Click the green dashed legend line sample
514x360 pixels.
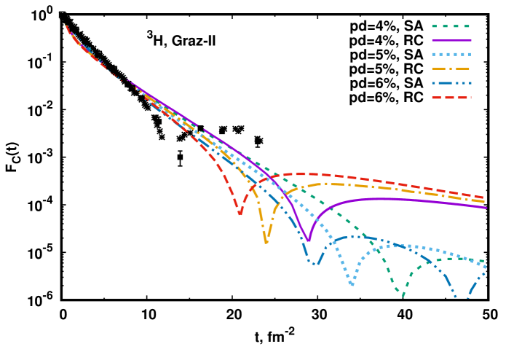click(x=451, y=26)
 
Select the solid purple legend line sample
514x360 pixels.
click(x=451, y=40)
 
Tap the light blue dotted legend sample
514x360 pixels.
click(x=451, y=54)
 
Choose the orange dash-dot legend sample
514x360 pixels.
click(x=451, y=69)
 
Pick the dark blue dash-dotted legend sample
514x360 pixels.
click(x=451, y=83)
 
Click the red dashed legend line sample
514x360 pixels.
click(x=451, y=97)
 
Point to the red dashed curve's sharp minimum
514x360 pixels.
click(x=240, y=213)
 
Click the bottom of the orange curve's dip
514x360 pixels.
click(x=266, y=241)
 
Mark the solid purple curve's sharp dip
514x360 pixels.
click(x=309, y=240)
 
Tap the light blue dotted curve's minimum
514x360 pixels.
click(x=352, y=283)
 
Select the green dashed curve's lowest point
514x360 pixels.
click(x=403, y=296)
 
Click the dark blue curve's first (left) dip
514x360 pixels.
click(x=314, y=263)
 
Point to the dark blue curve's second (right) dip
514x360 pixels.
click(x=467, y=297)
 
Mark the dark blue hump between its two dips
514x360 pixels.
click(x=353, y=236)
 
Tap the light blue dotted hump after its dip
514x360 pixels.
click(x=397, y=246)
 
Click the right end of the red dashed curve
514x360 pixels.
click(x=483, y=197)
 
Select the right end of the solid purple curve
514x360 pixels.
click(x=486, y=208)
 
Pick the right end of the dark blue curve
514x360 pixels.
click(x=485, y=271)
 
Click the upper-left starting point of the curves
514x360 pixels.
click(x=66, y=26)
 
